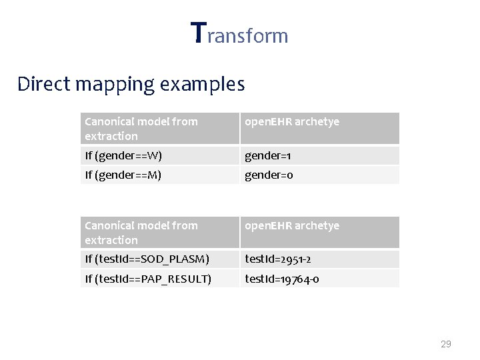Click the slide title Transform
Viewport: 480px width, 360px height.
point(239,33)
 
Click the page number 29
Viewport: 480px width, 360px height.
point(446,344)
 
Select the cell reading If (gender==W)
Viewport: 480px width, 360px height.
point(123,156)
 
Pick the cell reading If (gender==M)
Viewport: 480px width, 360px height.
point(123,175)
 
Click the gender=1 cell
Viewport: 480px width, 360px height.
point(268,156)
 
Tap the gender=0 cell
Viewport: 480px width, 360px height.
point(269,175)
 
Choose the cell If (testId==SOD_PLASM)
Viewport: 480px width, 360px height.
point(147,259)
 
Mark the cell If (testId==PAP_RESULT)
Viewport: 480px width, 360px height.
point(148,279)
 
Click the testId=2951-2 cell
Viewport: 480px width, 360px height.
point(278,259)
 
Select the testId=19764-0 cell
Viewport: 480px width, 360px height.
point(282,279)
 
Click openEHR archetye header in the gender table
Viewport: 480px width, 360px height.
point(292,122)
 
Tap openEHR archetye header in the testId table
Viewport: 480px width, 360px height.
point(292,226)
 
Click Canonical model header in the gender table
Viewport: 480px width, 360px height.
point(141,121)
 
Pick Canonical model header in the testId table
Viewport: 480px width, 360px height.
point(141,225)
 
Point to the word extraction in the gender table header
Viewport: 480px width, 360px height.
point(111,136)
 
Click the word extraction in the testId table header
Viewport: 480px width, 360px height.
point(111,240)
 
